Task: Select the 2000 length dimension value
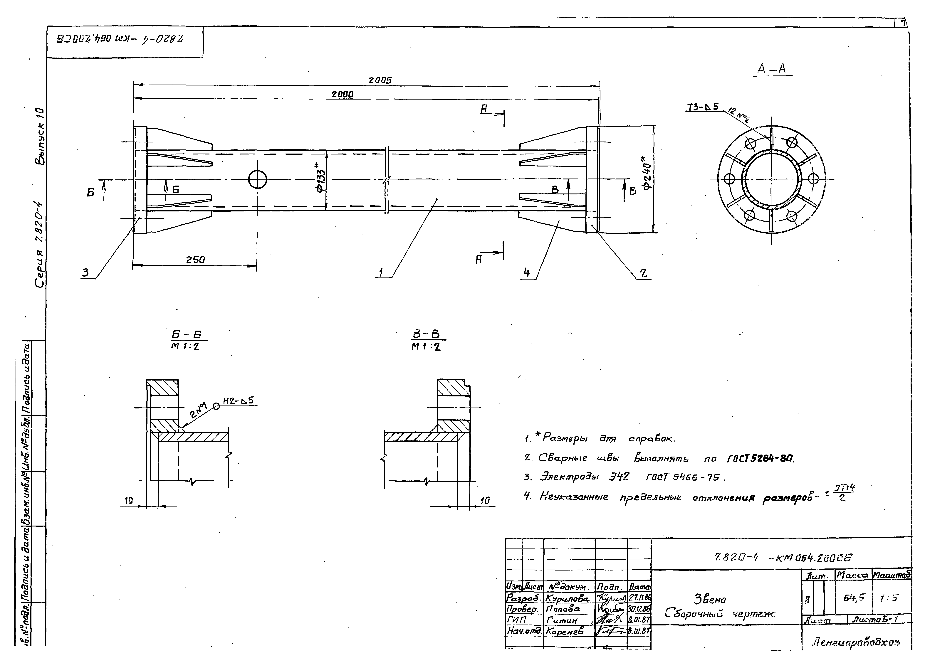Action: coord(342,94)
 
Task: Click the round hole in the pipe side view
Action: coord(258,180)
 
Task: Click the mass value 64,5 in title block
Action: coord(854,598)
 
